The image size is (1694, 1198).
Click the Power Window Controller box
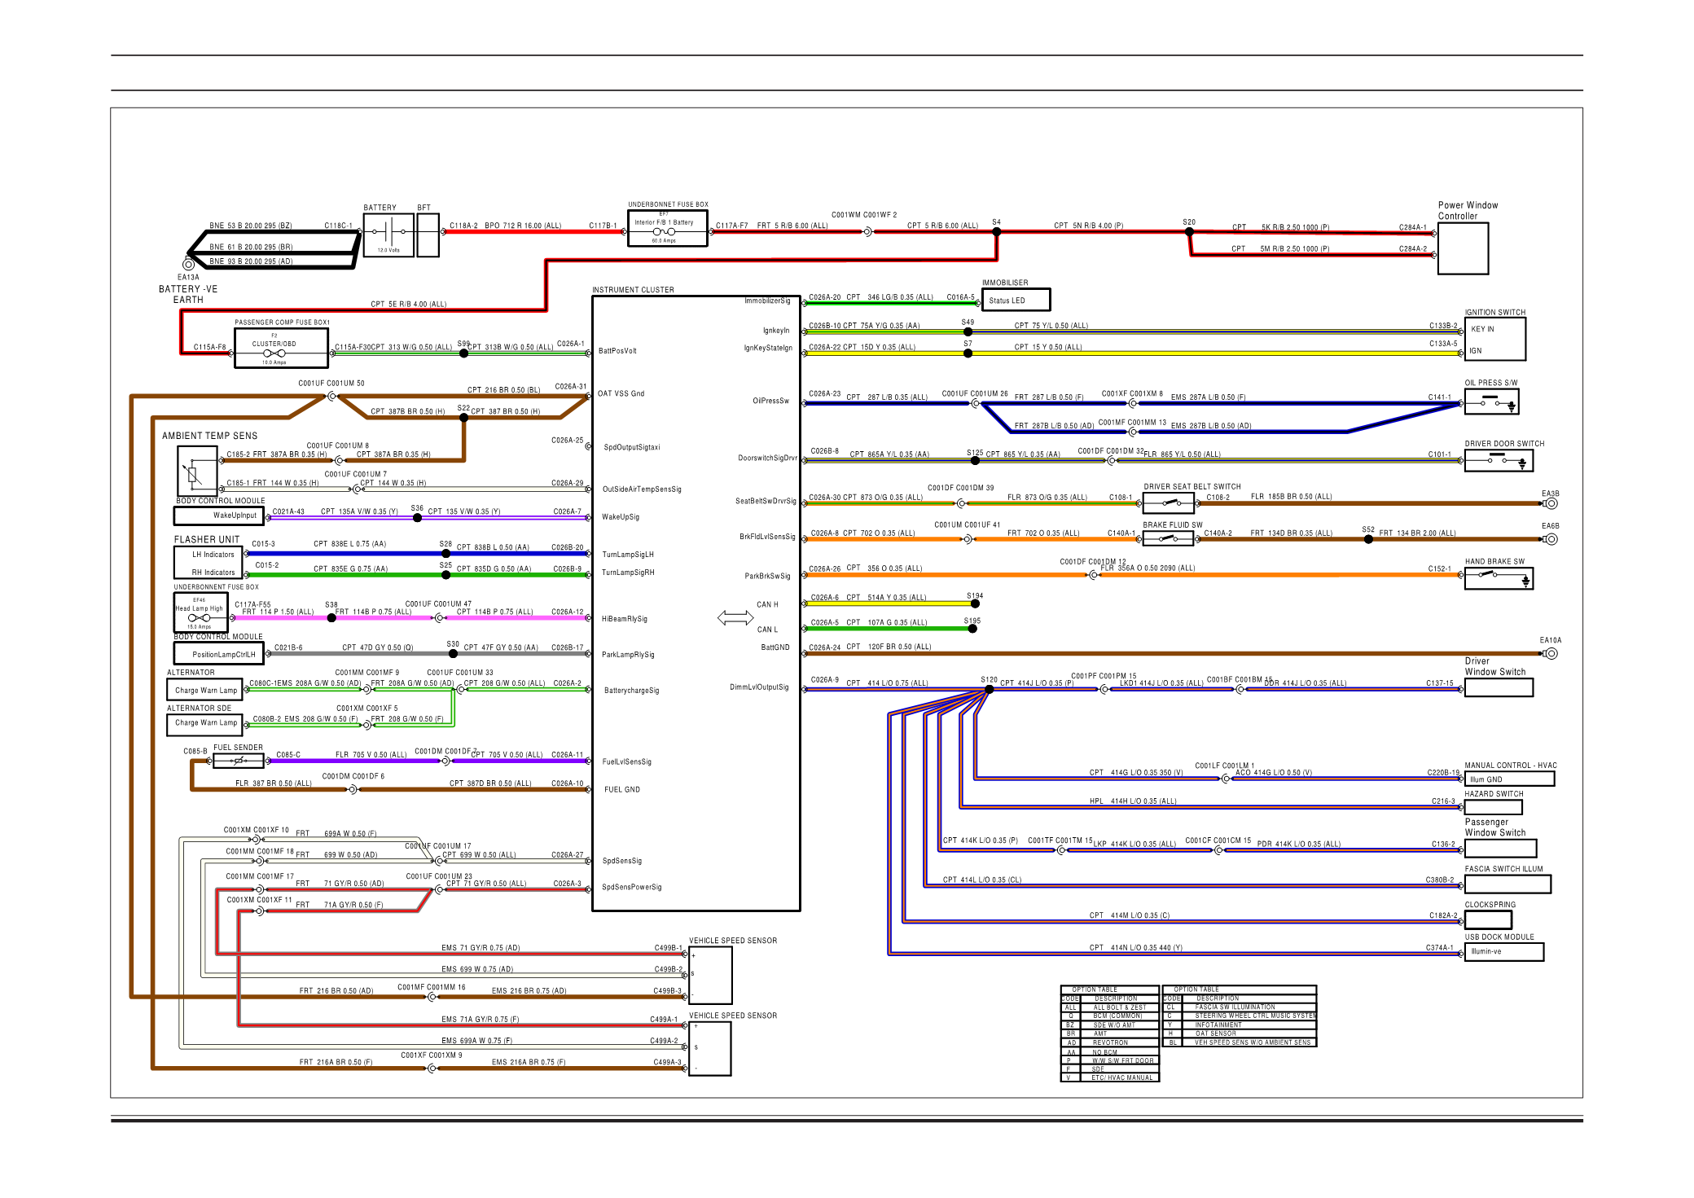[1463, 248]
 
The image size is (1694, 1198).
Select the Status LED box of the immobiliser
[1016, 301]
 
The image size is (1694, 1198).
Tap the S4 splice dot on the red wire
[996, 232]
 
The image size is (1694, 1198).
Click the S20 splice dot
[1189, 232]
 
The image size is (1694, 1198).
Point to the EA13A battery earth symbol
[188, 264]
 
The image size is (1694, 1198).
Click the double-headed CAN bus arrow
[735, 618]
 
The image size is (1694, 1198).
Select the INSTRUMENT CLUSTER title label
[633, 290]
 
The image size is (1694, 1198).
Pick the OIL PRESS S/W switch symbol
[1491, 402]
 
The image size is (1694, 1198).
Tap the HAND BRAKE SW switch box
[1499, 579]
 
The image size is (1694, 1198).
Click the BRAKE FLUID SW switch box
[1168, 538]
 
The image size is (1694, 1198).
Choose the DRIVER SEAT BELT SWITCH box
[1168, 503]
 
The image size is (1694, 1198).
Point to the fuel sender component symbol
[239, 761]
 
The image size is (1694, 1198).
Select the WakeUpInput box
[217, 516]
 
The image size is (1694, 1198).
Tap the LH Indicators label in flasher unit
[213, 555]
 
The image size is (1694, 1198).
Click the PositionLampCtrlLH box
[218, 654]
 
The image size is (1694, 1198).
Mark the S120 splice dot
[989, 689]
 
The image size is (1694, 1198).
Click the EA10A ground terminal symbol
[1551, 653]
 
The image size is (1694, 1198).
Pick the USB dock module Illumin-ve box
[1503, 951]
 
